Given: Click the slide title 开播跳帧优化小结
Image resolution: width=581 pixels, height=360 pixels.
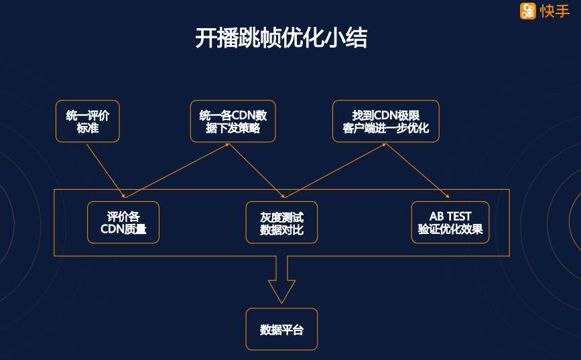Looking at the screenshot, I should click(281, 38).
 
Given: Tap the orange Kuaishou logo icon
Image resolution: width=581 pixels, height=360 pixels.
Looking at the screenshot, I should click(528, 11).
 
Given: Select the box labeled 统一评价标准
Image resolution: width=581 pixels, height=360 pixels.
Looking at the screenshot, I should click(88, 121).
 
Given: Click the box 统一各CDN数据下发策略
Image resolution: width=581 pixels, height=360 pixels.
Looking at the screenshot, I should click(233, 121).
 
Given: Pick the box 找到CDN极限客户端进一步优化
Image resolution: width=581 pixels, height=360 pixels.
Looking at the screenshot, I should click(385, 121).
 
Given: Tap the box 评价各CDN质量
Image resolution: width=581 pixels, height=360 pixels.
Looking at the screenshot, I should click(123, 223).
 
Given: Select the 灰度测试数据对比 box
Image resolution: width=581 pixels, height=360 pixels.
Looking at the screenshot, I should click(281, 223).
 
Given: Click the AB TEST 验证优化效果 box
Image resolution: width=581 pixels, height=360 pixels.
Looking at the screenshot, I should click(450, 223).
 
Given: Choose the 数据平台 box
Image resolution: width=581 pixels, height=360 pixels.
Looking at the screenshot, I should click(281, 329).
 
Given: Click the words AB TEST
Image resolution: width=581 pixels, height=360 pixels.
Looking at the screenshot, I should click(450, 217).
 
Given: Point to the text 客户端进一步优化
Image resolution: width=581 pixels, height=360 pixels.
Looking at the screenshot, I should click(385, 128).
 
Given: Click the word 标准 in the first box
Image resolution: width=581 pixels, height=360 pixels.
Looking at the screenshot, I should click(88, 128).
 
